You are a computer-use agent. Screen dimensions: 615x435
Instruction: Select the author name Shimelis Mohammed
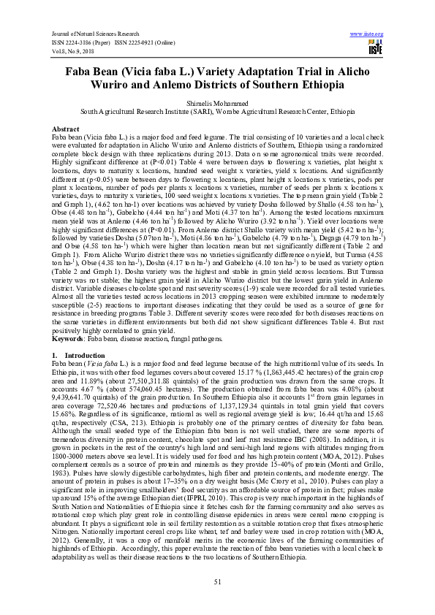(x=217, y=104)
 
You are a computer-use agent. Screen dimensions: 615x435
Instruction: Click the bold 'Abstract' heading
(x=64, y=129)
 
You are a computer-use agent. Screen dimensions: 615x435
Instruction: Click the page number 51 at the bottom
(x=217, y=581)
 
